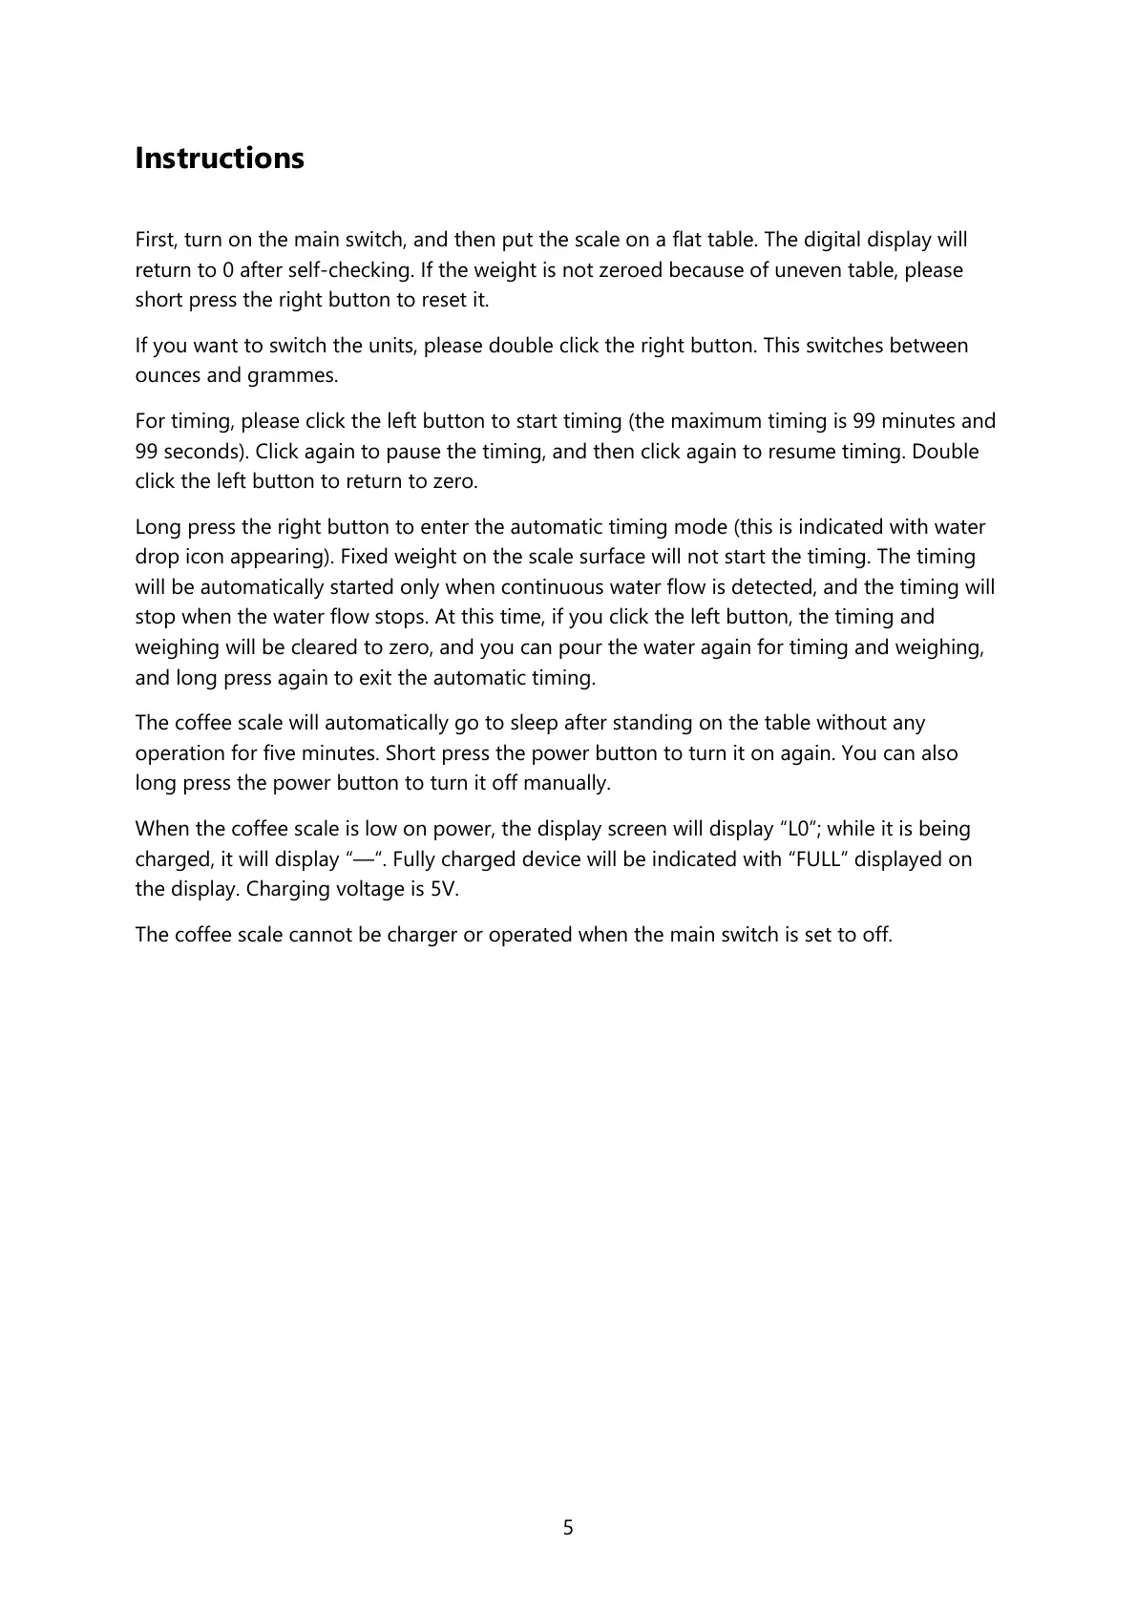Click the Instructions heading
pos(220,158)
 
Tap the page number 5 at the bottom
pos(568,1528)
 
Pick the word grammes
pos(292,375)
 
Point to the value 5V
pos(441,889)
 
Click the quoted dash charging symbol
pos(363,859)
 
